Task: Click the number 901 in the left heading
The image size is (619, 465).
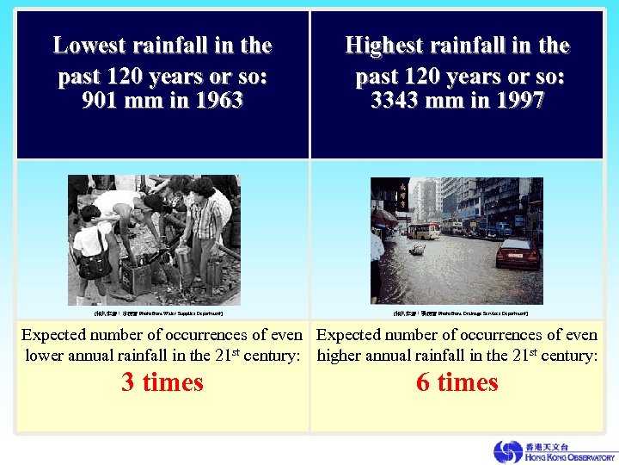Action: click(101, 101)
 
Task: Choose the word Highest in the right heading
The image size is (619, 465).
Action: click(389, 45)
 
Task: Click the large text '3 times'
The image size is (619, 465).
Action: click(162, 382)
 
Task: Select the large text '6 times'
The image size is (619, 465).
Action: click(457, 382)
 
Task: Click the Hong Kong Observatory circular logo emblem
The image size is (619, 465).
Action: click(507, 451)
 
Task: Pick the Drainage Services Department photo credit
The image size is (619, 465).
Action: click(457, 313)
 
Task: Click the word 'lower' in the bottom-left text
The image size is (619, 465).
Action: click(45, 356)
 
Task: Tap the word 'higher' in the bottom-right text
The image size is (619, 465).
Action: click(342, 356)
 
